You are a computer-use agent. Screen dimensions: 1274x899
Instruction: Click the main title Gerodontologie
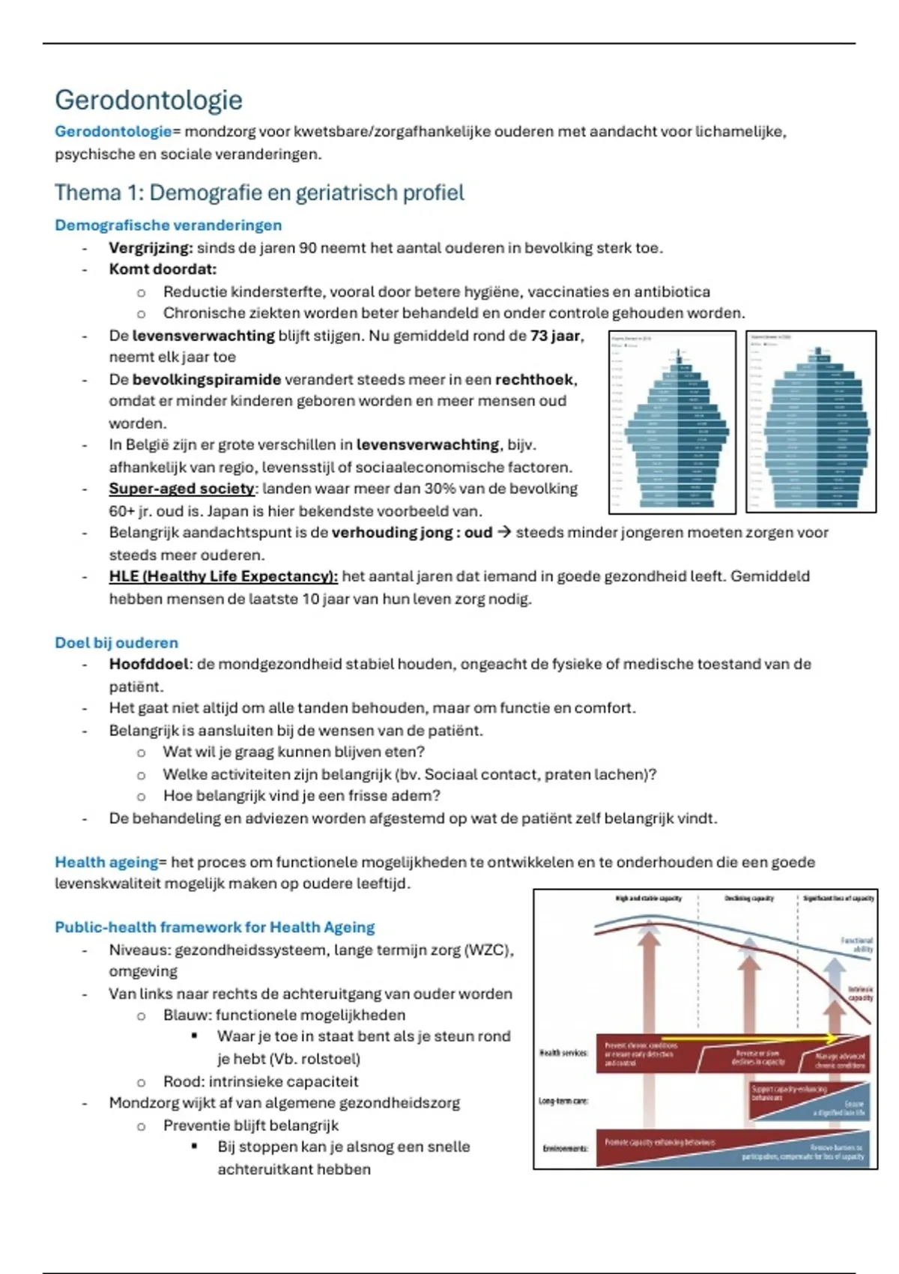pyautogui.click(x=148, y=100)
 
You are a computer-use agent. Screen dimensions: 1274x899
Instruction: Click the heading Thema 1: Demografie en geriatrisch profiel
pyautogui.click(x=259, y=193)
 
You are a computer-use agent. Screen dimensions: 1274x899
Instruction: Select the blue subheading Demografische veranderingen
pyautogui.click(x=168, y=225)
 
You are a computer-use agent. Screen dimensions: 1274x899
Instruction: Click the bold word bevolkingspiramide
pyautogui.click(x=207, y=379)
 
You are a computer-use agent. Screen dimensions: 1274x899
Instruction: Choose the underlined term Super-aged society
pyautogui.click(x=181, y=489)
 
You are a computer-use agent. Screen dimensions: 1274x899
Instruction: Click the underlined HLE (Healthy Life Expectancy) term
pyautogui.click(x=223, y=576)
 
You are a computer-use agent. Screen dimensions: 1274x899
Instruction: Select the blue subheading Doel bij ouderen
pyautogui.click(x=116, y=642)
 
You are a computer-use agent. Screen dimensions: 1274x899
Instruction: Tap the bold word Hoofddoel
pyautogui.click(x=151, y=664)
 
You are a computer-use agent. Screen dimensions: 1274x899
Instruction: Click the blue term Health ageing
pyautogui.click(x=106, y=862)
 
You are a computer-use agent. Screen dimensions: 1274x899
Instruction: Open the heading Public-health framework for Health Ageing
pyautogui.click(x=214, y=927)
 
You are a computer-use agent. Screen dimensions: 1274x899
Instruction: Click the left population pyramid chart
pyautogui.click(x=672, y=423)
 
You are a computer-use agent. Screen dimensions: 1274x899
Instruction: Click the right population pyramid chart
pyautogui.click(x=811, y=423)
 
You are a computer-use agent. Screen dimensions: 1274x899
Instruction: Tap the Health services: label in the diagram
pyautogui.click(x=563, y=1053)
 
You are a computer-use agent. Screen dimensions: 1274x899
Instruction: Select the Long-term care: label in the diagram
pyautogui.click(x=563, y=1101)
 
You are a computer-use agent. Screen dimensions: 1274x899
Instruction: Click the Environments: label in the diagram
pyautogui.click(x=565, y=1147)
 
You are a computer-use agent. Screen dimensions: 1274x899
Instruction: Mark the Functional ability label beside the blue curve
pyautogui.click(x=858, y=944)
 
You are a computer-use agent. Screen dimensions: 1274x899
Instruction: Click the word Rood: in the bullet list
pyautogui.click(x=184, y=1081)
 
